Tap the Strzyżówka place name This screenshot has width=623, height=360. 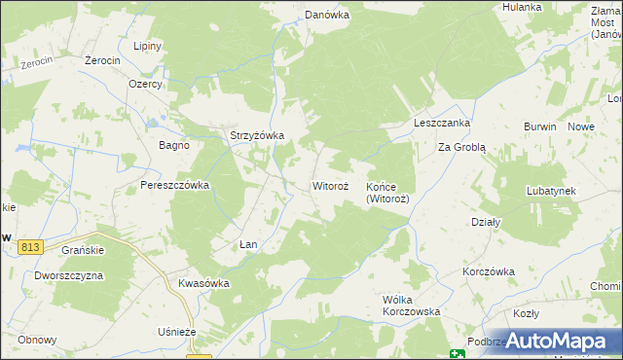256,136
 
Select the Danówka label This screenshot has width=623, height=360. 327,16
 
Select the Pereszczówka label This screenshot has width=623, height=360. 175,185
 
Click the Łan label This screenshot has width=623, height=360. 248,244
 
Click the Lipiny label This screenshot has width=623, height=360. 148,46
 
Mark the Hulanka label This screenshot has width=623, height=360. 522,7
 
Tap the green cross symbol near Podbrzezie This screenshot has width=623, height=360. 457,354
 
